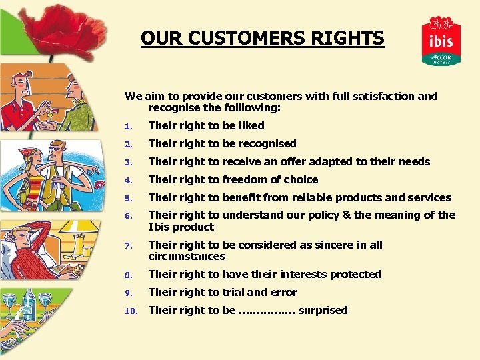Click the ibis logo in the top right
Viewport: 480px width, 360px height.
pos(441,41)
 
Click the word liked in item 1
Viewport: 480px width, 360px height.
pos(251,125)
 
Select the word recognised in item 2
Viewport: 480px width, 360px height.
pos(267,143)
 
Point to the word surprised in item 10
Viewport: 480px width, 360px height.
pos(323,310)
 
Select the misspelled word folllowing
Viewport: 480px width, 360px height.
pos(256,107)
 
